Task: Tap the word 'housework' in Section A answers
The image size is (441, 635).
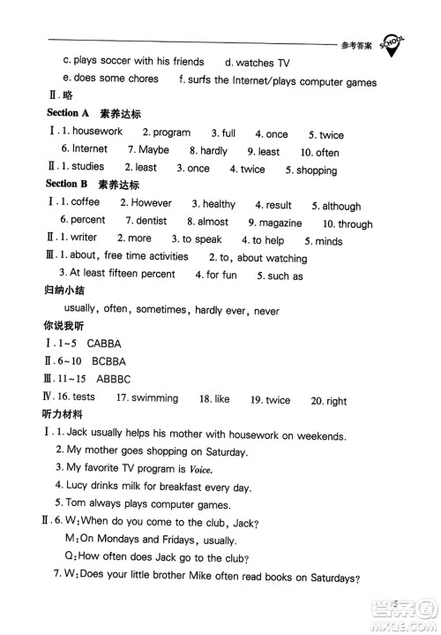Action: point(97,132)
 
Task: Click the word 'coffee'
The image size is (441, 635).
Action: point(85,202)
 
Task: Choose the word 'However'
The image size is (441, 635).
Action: point(151,203)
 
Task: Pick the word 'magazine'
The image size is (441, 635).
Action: point(280,223)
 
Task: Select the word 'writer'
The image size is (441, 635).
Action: point(84,238)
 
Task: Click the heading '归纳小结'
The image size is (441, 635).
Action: point(67,291)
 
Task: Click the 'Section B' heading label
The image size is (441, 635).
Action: point(67,185)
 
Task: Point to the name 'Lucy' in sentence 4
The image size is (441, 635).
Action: point(79,487)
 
